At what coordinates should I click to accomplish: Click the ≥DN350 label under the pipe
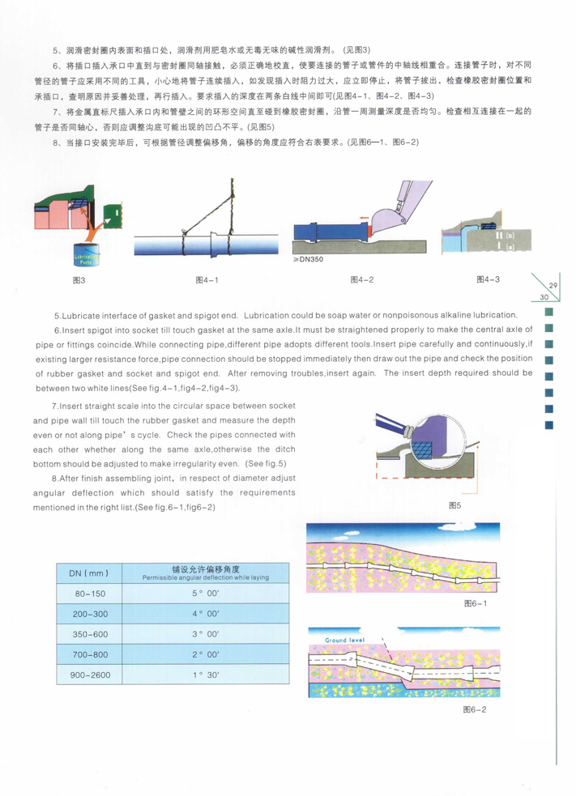pos(308,261)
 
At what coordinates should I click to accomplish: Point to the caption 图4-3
pos(487,279)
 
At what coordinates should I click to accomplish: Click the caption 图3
pos(79,281)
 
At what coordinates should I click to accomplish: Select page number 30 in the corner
pos(535,297)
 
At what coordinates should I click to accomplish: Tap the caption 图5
pos(454,506)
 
